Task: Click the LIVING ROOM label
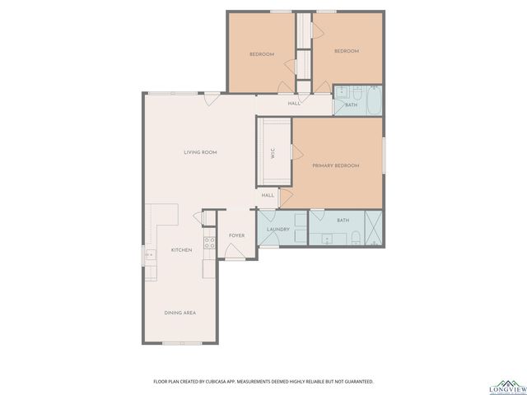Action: point(200,152)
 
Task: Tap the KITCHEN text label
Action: point(181,249)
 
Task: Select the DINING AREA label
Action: point(180,312)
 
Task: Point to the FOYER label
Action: point(237,235)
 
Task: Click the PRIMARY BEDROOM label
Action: point(336,165)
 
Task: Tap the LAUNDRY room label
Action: point(277,229)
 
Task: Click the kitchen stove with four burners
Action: point(210,243)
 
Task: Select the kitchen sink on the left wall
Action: point(150,255)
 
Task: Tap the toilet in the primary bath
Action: point(354,239)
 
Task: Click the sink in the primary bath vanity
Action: point(327,239)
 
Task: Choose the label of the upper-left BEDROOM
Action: point(262,54)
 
